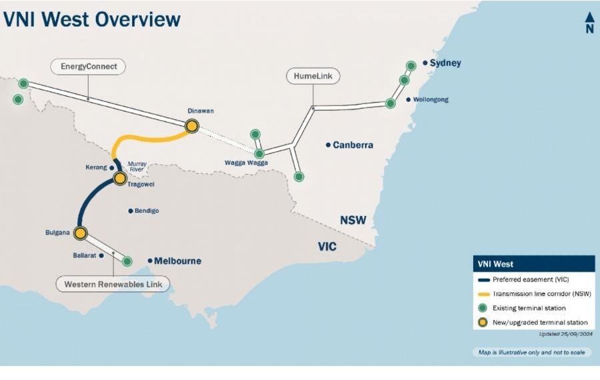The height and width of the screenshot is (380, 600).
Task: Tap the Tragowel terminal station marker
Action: pos(120,179)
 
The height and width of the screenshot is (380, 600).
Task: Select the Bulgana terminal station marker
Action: pos(81,233)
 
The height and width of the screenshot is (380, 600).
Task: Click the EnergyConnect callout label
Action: pos(88,67)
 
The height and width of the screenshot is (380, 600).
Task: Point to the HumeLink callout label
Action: pos(313,77)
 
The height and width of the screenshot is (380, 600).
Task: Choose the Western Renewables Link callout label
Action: pos(113,284)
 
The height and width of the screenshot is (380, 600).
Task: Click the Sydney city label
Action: pos(445,63)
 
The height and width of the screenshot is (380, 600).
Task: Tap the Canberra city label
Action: pos(353,145)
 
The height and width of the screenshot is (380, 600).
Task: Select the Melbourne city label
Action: pos(177,261)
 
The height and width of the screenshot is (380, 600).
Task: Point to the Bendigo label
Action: pos(146,211)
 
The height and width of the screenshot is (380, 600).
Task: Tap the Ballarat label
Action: pos(85,255)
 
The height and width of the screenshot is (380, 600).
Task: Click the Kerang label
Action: pos(97,167)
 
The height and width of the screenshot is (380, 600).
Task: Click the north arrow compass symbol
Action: pos(589,22)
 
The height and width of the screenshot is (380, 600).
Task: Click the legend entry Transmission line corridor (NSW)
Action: pos(541,293)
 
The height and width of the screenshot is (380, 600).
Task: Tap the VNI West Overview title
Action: pos(92,19)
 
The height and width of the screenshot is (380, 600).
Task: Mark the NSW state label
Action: pos(353,221)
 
